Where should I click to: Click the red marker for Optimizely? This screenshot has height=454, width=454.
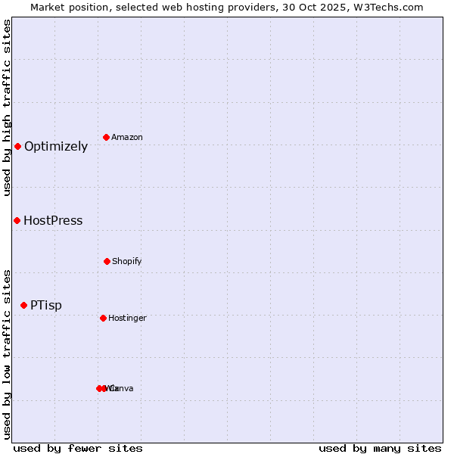17,146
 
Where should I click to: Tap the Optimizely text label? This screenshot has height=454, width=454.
56,147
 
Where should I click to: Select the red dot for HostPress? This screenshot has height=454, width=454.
17,220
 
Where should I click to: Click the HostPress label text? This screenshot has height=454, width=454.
53,221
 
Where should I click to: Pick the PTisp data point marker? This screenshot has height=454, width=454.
23,305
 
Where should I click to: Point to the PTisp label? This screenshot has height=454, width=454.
46,306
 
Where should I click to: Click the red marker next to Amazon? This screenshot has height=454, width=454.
106,137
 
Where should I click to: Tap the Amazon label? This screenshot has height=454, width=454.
127,138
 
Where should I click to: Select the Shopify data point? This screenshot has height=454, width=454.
107,261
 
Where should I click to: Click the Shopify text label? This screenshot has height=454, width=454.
127,262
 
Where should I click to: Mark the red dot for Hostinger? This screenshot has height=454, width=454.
103,318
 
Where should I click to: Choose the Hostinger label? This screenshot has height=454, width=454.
127,319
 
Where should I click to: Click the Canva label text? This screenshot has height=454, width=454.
121,389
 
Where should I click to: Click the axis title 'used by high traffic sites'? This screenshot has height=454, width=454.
7,107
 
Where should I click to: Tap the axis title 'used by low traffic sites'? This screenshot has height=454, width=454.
7,354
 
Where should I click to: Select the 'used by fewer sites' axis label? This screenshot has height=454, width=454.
78,448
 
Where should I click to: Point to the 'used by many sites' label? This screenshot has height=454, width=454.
380,448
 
